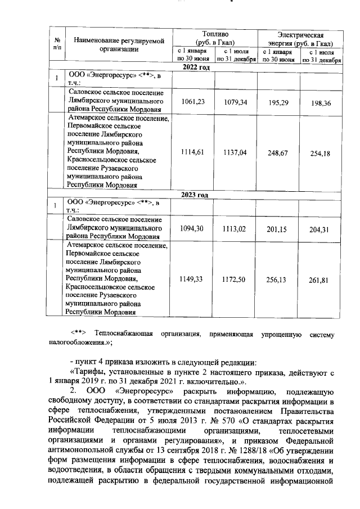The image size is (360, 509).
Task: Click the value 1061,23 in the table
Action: [193, 102]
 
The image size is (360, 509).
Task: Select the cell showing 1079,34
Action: [236, 102]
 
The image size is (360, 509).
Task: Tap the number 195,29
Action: [279, 102]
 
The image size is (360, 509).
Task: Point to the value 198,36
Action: [321, 103]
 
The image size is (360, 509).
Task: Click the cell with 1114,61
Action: [193, 152]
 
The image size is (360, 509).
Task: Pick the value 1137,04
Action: [236, 152]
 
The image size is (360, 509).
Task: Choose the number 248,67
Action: [279, 152]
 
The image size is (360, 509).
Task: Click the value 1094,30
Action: [193, 228]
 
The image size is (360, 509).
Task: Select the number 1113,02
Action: [236, 228]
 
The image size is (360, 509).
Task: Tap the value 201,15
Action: [279, 228]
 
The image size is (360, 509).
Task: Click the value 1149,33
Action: [193, 279]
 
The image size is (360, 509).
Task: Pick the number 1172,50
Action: [236, 279]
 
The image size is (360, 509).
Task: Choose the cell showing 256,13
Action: [279, 280]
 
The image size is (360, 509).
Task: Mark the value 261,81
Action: [321, 280]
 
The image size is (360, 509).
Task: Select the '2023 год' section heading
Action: [195, 195]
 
